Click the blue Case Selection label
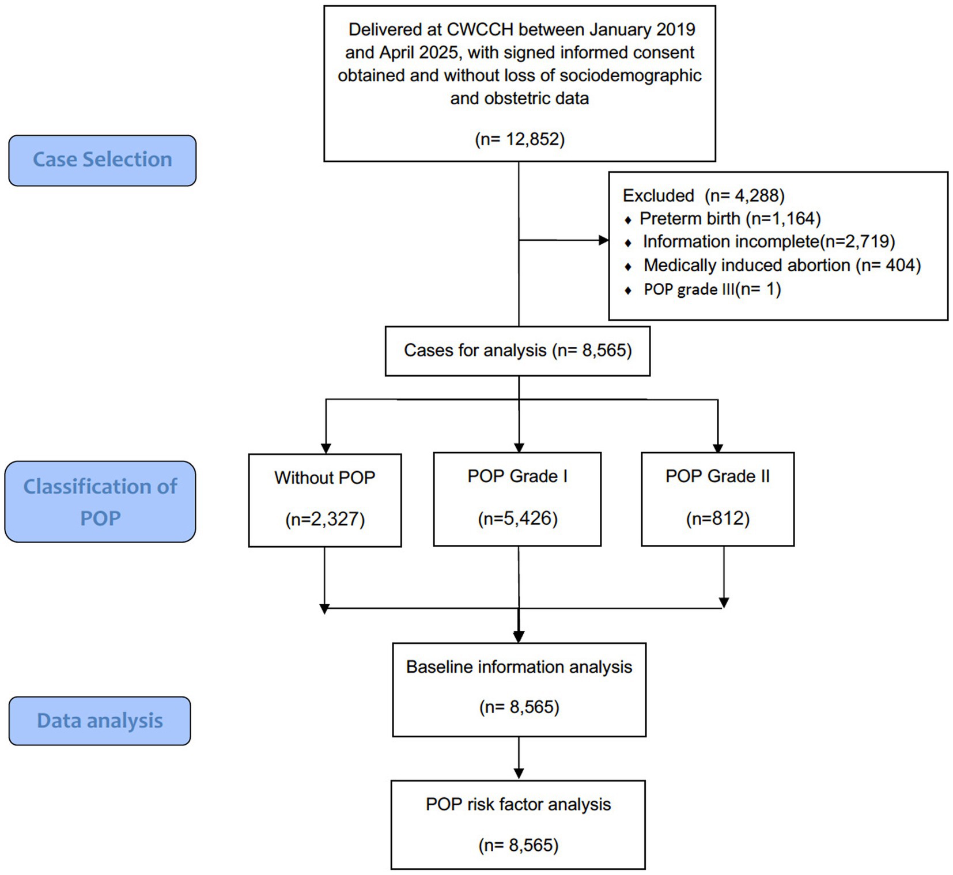(102, 160)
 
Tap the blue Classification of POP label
(100, 502)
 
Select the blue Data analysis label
(100, 721)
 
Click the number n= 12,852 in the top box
(519, 139)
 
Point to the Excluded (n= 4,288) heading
(703, 196)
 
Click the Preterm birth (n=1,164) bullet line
(729, 219)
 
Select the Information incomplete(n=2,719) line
(768, 242)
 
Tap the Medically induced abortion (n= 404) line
(781, 266)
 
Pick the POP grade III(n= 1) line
(712, 289)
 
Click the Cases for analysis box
(517, 351)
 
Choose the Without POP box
(325, 499)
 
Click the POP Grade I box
(517, 498)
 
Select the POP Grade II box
(717, 498)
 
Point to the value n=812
(717, 519)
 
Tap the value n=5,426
(517, 519)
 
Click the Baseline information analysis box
(519, 689)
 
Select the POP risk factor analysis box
(518, 824)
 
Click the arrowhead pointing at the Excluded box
(603, 240)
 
